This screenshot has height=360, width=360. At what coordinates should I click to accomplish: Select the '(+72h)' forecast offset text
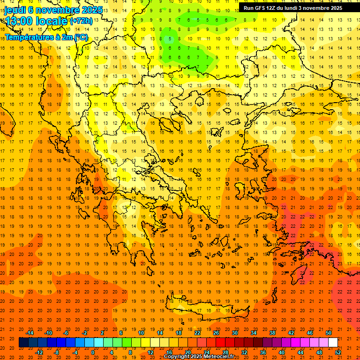click(81, 21)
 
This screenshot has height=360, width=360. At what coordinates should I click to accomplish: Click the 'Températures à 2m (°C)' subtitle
click(46, 37)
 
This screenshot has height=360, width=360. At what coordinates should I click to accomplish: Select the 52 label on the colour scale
click(338, 352)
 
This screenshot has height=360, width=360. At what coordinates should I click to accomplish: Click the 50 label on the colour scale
click(329, 333)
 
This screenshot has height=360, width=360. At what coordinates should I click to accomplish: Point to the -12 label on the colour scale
click(38, 352)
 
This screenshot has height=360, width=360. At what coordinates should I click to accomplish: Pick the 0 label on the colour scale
click(93, 352)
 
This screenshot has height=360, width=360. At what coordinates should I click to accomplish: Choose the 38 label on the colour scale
click(272, 333)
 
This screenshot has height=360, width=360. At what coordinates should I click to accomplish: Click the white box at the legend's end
click(333, 342)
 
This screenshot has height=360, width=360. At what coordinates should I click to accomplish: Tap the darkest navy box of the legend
click(23, 342)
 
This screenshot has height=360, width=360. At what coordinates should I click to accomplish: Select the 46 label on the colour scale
click(310, 333)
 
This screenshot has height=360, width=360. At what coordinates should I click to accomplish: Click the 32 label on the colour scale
click(244, 352)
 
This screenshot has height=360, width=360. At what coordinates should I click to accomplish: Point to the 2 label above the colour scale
click(102, 333)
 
